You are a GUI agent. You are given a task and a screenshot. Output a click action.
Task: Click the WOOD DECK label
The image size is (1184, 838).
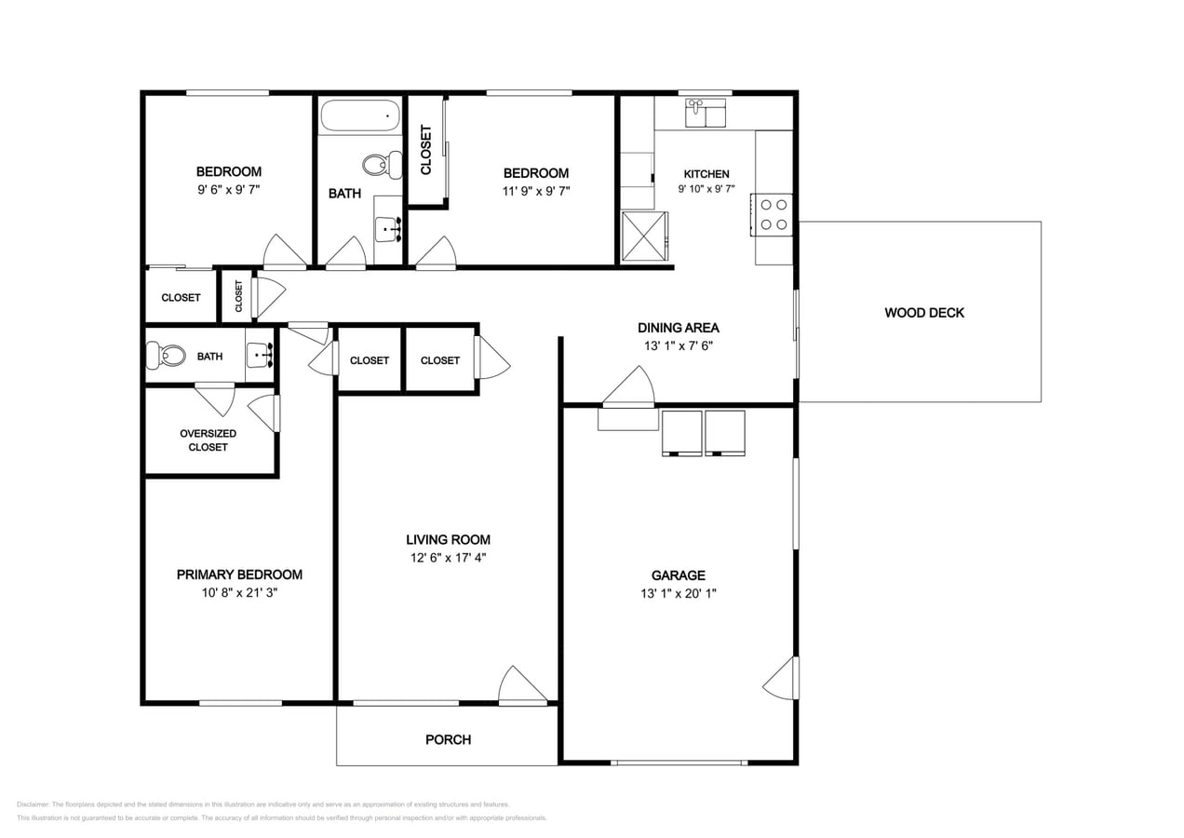(x=924, y=313)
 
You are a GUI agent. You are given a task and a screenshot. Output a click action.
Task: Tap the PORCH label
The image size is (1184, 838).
(x=449, y=739)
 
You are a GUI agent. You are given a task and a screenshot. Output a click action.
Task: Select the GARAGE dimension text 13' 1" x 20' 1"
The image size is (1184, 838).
(x=679, y=593)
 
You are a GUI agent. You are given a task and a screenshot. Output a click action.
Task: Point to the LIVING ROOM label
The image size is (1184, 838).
(x=449, y=540)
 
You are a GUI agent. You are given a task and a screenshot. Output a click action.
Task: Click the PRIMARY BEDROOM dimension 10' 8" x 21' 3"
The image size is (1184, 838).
(x=239, y=593)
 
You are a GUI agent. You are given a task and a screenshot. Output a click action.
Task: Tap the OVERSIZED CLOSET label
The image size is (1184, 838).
(x=208, y=440)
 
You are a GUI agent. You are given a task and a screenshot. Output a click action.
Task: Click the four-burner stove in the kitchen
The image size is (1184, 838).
(x=773, y=215)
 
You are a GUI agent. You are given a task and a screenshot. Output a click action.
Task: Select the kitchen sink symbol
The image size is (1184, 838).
(x=706, y=113)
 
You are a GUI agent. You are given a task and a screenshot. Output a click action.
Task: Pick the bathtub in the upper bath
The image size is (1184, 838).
(x=360, y=115)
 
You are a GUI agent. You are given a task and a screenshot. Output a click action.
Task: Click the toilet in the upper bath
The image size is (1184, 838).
(x=383, y=165)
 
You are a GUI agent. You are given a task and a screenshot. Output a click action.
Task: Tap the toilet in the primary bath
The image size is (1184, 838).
(x=166, y=356)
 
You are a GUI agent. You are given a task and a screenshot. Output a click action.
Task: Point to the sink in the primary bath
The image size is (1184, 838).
(x=260, y=355)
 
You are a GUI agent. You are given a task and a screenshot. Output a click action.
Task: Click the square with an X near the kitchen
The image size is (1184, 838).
(x=644, y=237)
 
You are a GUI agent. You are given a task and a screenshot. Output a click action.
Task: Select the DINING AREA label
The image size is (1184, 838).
(x=679, y=328)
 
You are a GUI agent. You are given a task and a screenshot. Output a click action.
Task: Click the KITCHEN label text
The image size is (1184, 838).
(x=706, y=174)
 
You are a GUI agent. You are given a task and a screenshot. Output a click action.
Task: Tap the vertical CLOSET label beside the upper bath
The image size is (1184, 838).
(x=426, y=150)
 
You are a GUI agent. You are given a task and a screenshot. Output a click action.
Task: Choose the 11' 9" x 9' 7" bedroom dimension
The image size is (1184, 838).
(x=536, y=191)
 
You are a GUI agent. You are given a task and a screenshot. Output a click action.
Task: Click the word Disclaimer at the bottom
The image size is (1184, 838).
(x=33, y=804)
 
